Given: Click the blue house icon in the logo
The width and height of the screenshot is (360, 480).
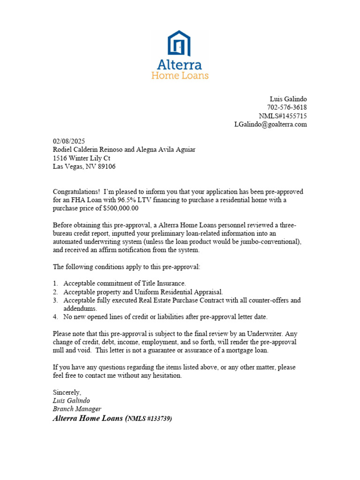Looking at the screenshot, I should pyautogui.click(x=180, y=43).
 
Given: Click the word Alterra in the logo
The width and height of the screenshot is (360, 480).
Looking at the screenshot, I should pyautogui.click(x=180, y=64).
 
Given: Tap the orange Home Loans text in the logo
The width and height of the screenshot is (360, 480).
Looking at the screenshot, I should pyautogui.click(x=180, y=75).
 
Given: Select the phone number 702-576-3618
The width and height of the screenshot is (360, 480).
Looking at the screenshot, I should pyautogui.click(x=287, y=107).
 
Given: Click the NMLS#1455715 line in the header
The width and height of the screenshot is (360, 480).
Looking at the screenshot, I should pyautogui.click(x=283, y=116).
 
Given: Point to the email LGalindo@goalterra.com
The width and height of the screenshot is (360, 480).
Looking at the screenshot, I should pyautogui.click(x=270, y=124).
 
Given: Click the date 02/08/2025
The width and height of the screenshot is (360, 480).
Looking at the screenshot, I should pyautogui.click(x=69, y=141).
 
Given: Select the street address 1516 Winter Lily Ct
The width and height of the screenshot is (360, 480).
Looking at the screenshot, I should pyautogui.click(x=81, y=158).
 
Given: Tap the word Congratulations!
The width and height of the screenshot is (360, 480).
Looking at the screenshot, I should pyautogui.click(x=76, y=192).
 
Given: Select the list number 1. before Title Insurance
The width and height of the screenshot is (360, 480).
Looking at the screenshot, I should pyautogui.click(x=55, y=283).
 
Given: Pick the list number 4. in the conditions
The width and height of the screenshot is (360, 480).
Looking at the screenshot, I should pyautogui.click(x=55, y=317).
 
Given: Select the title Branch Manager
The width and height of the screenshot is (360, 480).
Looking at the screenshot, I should pyautogui.click(x=77, y=409).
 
